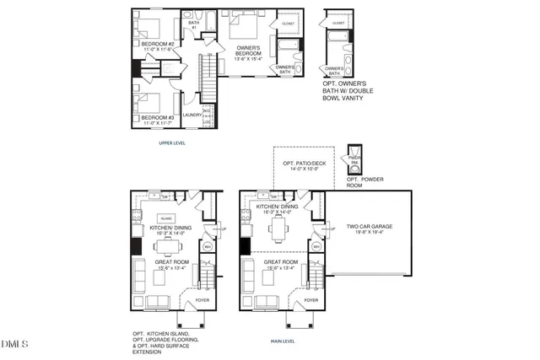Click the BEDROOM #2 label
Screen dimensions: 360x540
(158, 44)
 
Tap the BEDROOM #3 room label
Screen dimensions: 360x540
(158, 117)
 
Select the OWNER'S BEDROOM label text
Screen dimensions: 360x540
(249, 50)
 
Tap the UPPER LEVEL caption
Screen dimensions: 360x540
(172, 143)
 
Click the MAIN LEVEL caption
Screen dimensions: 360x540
(282, 341)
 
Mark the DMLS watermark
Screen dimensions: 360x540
(15, 344)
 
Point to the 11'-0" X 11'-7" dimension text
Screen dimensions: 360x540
(158, 124)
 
